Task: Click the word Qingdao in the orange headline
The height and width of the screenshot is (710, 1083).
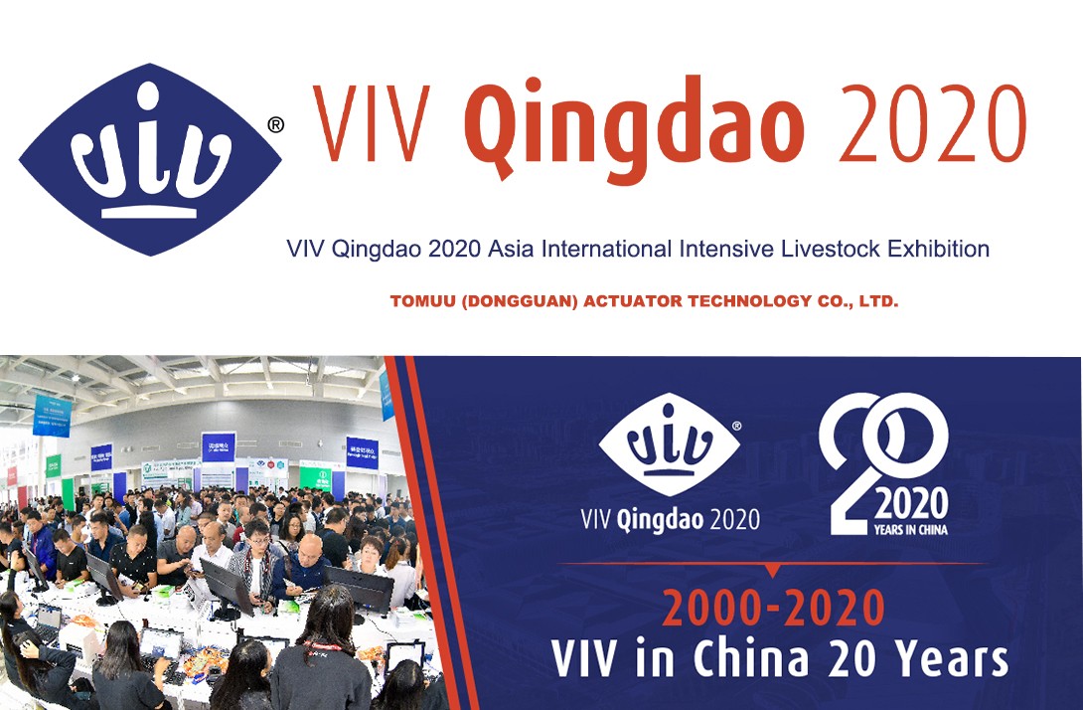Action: [634, 123]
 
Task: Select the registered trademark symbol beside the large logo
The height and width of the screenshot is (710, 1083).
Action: [276, 124]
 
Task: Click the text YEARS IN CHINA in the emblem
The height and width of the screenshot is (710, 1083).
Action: [910, 530]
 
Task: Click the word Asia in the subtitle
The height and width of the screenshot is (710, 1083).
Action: [509, 249]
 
